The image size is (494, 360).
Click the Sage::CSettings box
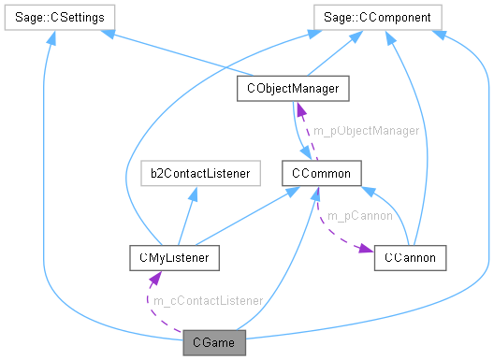(59, 17)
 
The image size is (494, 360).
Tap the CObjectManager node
(293, 89)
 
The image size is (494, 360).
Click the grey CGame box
(215, 343)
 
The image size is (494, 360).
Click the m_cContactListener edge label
(207, 301)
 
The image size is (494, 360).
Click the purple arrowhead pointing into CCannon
(366, 253)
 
